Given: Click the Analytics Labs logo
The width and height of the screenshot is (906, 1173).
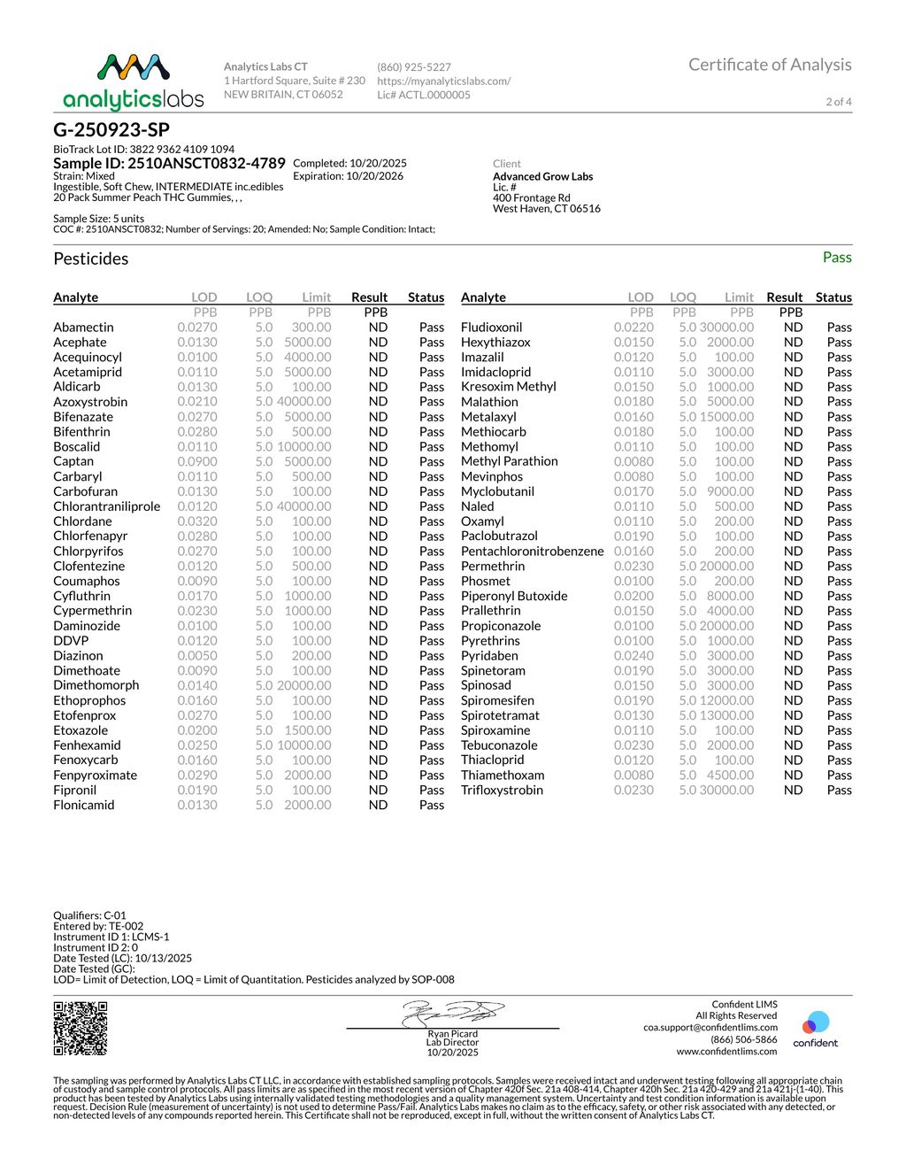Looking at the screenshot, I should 134,81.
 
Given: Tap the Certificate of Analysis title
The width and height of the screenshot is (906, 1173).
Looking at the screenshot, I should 770,65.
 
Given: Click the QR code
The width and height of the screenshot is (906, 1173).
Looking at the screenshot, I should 81,1028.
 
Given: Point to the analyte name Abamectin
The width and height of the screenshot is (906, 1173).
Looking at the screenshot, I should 83,328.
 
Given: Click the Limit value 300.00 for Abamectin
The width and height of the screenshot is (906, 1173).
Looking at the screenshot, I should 311,328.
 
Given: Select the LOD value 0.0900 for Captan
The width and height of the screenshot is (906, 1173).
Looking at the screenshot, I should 196,461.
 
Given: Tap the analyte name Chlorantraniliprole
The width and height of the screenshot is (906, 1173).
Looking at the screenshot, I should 107,506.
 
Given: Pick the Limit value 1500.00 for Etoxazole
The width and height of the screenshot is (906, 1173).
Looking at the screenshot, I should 307,730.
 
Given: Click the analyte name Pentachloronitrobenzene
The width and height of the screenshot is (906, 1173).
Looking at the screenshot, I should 532,551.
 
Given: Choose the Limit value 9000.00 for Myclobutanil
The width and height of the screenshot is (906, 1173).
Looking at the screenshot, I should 730,491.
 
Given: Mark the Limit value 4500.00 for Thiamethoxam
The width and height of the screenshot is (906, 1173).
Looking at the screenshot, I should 730,775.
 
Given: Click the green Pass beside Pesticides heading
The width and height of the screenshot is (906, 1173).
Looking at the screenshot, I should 836,258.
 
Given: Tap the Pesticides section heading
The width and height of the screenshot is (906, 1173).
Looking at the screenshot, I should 91,259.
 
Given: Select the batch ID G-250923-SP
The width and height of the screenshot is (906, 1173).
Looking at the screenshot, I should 111,130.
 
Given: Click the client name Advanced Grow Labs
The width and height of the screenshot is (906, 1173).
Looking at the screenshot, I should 542,176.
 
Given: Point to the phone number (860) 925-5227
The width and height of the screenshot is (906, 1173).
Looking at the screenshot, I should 414,67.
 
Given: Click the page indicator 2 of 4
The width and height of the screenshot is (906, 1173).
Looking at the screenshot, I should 839,102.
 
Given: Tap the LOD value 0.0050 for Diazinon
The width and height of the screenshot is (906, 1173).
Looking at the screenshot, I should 196,656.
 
